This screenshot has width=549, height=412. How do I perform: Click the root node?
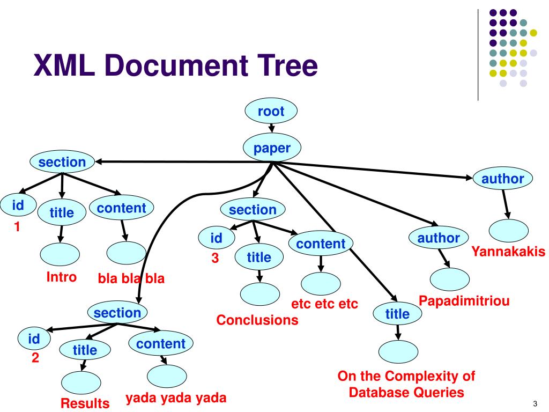tap(271, 112)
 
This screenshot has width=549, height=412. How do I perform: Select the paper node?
tap(272, 148)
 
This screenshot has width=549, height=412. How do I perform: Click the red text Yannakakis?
tap(508, 251)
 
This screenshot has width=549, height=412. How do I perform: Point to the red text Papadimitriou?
tap(464, 300)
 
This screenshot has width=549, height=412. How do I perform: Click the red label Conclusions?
tap(257, 320)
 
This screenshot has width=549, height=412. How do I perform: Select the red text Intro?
tap(61, 277)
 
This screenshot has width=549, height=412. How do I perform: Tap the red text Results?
tap(85, 403)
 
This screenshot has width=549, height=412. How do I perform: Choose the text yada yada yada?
tap(176, 398)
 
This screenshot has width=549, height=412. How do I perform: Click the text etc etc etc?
tap(324, 304)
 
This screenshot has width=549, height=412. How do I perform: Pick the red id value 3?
tap(215, 258)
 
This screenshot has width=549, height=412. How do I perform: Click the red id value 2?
tap(35, 358)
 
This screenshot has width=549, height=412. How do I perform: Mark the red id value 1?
tap(17, 227)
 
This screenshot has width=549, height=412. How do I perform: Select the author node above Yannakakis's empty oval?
tap(502, 179)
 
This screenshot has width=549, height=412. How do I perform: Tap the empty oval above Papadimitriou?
tap(450, 278)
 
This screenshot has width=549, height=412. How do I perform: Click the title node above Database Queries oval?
tap(397, 314)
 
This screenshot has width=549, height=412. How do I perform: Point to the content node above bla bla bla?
tap(121, 208)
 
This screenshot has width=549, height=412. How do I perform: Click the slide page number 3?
tap(535, 403)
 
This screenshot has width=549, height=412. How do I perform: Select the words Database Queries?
tap(406, 392)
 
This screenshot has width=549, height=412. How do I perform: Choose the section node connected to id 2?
tap(117, 313)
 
